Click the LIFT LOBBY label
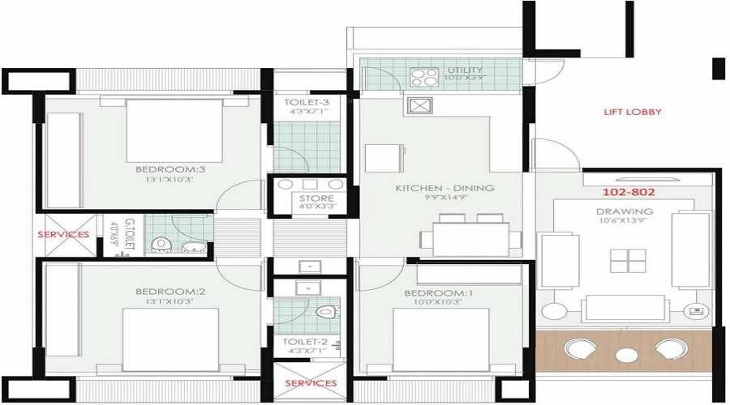pos(633,112)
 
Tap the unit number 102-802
pos(628,194)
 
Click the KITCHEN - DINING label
pos(444,188)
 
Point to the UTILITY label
pos(465,71)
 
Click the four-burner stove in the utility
pos(423,78)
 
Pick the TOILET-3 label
pos(307,102)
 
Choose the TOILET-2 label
pos(306,342)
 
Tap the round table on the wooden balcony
pos(625,355)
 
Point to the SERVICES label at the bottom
pos(310,382)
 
